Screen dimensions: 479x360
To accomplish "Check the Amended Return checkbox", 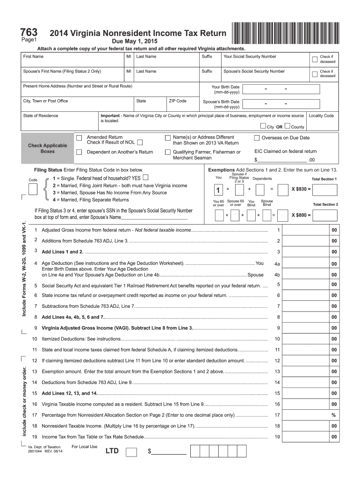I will tap(79, 138).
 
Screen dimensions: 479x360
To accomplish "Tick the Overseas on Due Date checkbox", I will tap(257, 138).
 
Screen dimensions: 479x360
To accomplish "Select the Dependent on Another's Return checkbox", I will tap(79, 152).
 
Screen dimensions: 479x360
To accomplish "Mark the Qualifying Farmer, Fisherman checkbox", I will tap(168, 152).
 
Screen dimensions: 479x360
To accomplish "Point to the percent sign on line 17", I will tap(334, 415).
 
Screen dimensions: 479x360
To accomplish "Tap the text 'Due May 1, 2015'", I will tap(135, 42).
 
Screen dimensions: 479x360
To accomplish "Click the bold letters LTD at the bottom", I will tap(112, 451).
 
